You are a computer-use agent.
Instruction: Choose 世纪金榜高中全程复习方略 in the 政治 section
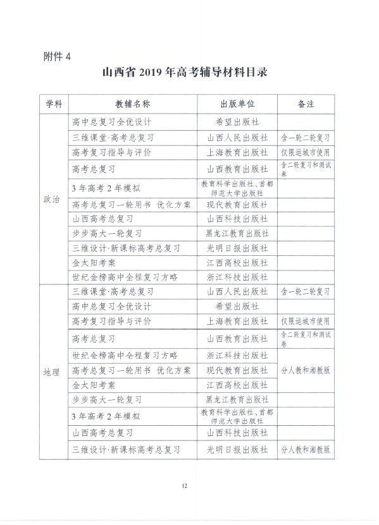(x=125, y=277)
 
